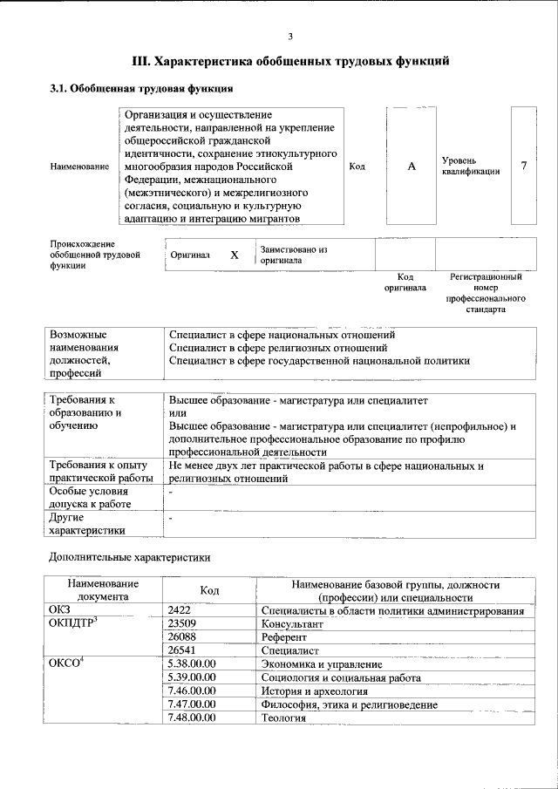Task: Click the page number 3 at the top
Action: click(289, 35)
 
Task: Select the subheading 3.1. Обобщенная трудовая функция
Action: click(139, 88)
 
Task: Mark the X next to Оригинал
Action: click(234, 255)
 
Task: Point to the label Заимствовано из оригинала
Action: click(293, 255)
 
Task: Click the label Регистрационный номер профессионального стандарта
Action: click(485, 293)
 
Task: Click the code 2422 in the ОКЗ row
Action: click(179, 611)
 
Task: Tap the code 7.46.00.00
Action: click(191, 690)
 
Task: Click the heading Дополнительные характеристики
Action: click(127, 555)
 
